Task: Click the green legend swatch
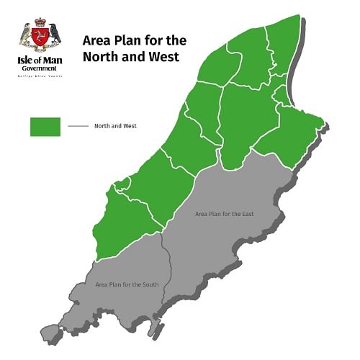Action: [45, 126]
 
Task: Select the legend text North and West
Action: [115, 126]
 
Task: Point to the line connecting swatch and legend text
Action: [78, 126]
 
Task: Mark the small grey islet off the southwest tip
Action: [50, 332]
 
